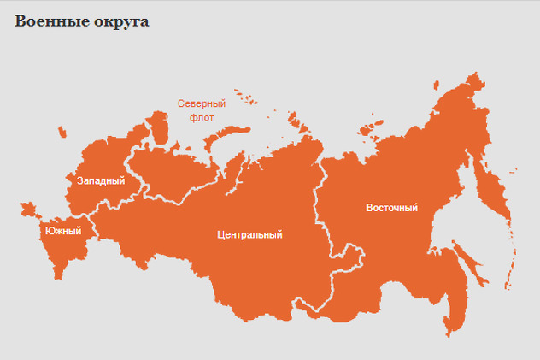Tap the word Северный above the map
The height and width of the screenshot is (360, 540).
[201, 103]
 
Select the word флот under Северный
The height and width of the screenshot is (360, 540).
[201, 117]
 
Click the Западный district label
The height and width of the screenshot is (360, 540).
[101, 181]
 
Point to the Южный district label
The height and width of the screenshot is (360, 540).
[62, 231]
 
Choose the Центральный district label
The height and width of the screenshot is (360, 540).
[249, 234]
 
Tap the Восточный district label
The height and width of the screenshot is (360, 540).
[391, 208]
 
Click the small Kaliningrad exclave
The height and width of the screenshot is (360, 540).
[61, 132]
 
